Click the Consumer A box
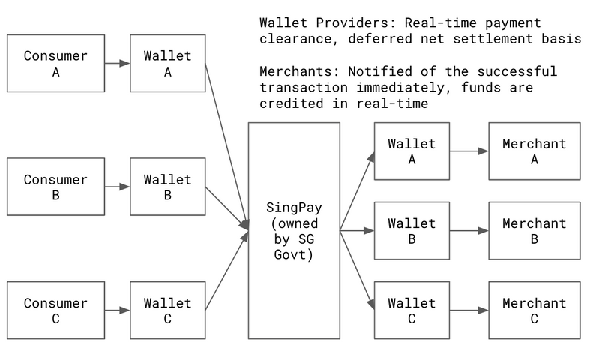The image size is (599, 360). tap(55, 63)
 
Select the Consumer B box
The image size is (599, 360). tap(55, 187)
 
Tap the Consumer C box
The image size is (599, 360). tap(55, 310)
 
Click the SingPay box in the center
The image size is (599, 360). tap(294, 230)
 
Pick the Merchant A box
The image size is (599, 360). tap(534, 151)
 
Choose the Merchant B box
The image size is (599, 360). tap(534, 231)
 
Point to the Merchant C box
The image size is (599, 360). tap(534, 310)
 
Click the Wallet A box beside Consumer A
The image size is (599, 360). tap(167, 63)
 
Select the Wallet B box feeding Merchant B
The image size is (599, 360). tap(412, 231)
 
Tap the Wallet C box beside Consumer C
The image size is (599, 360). tap(167, 310)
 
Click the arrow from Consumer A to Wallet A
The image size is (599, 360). tap(117, 64)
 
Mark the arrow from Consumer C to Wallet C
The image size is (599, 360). tap(117, 310)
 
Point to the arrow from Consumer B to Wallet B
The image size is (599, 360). tap(117, 187)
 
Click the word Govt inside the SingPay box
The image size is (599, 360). tap(294, 254)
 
